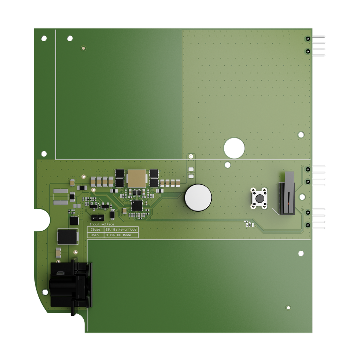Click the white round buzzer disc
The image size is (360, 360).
click(x=198, y=198)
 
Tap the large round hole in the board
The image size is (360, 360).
click(x=234, y=148)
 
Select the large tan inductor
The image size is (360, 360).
click(x=136, y=178)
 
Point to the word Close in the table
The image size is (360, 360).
click(x=95, y=230)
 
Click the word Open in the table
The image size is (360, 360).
click(x=95, y=235)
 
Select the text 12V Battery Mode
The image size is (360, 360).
click(x=121, y=230)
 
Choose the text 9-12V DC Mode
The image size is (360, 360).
click(x=118, y=235)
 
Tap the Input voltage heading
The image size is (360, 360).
click(x=102, y=224)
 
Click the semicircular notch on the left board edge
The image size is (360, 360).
click(x=42, y=220)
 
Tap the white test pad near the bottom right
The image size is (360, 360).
click(x=289, y=308)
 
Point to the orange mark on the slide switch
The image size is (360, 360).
click(x=288, y=204)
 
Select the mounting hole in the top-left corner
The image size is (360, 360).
click(x=44, y=38)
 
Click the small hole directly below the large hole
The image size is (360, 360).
click(x=228, y=165)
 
